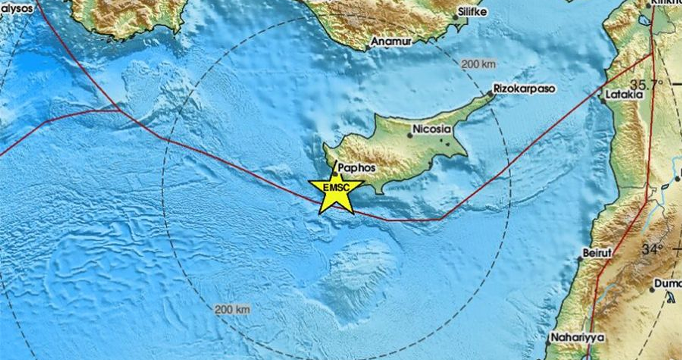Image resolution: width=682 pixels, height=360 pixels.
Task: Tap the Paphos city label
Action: [357, 168]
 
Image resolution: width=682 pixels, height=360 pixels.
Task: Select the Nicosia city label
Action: [431, 129]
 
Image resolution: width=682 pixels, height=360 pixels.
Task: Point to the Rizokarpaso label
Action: [524, 89]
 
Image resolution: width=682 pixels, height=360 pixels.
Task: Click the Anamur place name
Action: [391, 42]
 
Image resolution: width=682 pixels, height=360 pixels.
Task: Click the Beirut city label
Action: [597, 253]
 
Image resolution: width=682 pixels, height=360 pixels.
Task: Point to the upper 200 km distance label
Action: [478, 64]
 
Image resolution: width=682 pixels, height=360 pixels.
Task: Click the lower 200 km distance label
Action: [232, 310]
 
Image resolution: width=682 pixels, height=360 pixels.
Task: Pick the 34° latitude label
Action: [652, 250]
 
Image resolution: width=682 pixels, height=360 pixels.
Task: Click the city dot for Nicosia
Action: [410, 135]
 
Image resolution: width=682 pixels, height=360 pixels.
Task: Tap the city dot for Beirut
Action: [580, 259]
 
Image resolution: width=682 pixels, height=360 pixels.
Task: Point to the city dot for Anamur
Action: [367, 48]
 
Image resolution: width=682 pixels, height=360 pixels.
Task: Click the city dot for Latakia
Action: [603, 100]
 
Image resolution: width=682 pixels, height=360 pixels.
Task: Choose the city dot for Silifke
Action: [455, 18]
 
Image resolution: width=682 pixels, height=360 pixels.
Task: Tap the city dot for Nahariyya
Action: [547, 342]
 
